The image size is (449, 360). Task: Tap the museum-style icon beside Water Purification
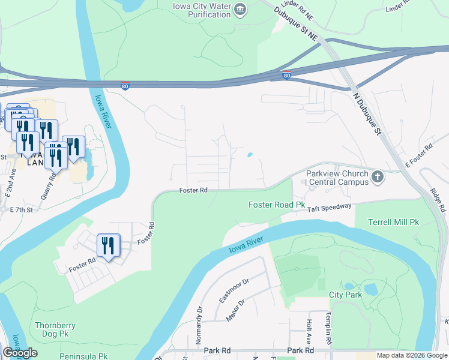[241, 10]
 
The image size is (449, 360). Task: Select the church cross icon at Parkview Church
[377, 176]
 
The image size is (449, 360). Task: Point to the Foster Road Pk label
[277, 205]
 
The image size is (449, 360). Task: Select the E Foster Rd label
[419, 155]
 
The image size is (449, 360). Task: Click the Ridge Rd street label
[439, 200]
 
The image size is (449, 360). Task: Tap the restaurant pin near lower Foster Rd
[109, 245]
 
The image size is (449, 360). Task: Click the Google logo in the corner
[20, 353]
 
